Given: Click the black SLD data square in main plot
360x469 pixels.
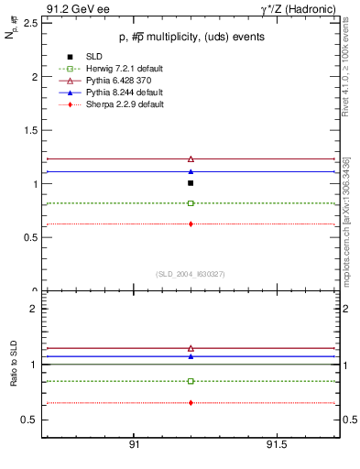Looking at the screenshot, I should pos(191,183).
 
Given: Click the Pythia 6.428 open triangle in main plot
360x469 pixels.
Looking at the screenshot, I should pos(191,158).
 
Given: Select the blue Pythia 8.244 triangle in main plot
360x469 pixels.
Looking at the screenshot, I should pos(191,171).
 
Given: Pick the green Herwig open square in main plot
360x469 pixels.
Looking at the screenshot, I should pos(191,202).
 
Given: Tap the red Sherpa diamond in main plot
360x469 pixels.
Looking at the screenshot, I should pos(191,224).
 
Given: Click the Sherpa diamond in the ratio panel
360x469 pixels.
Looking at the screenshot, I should pos(191,402).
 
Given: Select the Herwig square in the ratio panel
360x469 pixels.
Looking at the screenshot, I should pos(191,381).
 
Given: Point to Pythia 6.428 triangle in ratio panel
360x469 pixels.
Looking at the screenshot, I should pos(191,348).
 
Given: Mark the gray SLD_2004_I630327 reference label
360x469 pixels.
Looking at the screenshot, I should pos(191,274).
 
